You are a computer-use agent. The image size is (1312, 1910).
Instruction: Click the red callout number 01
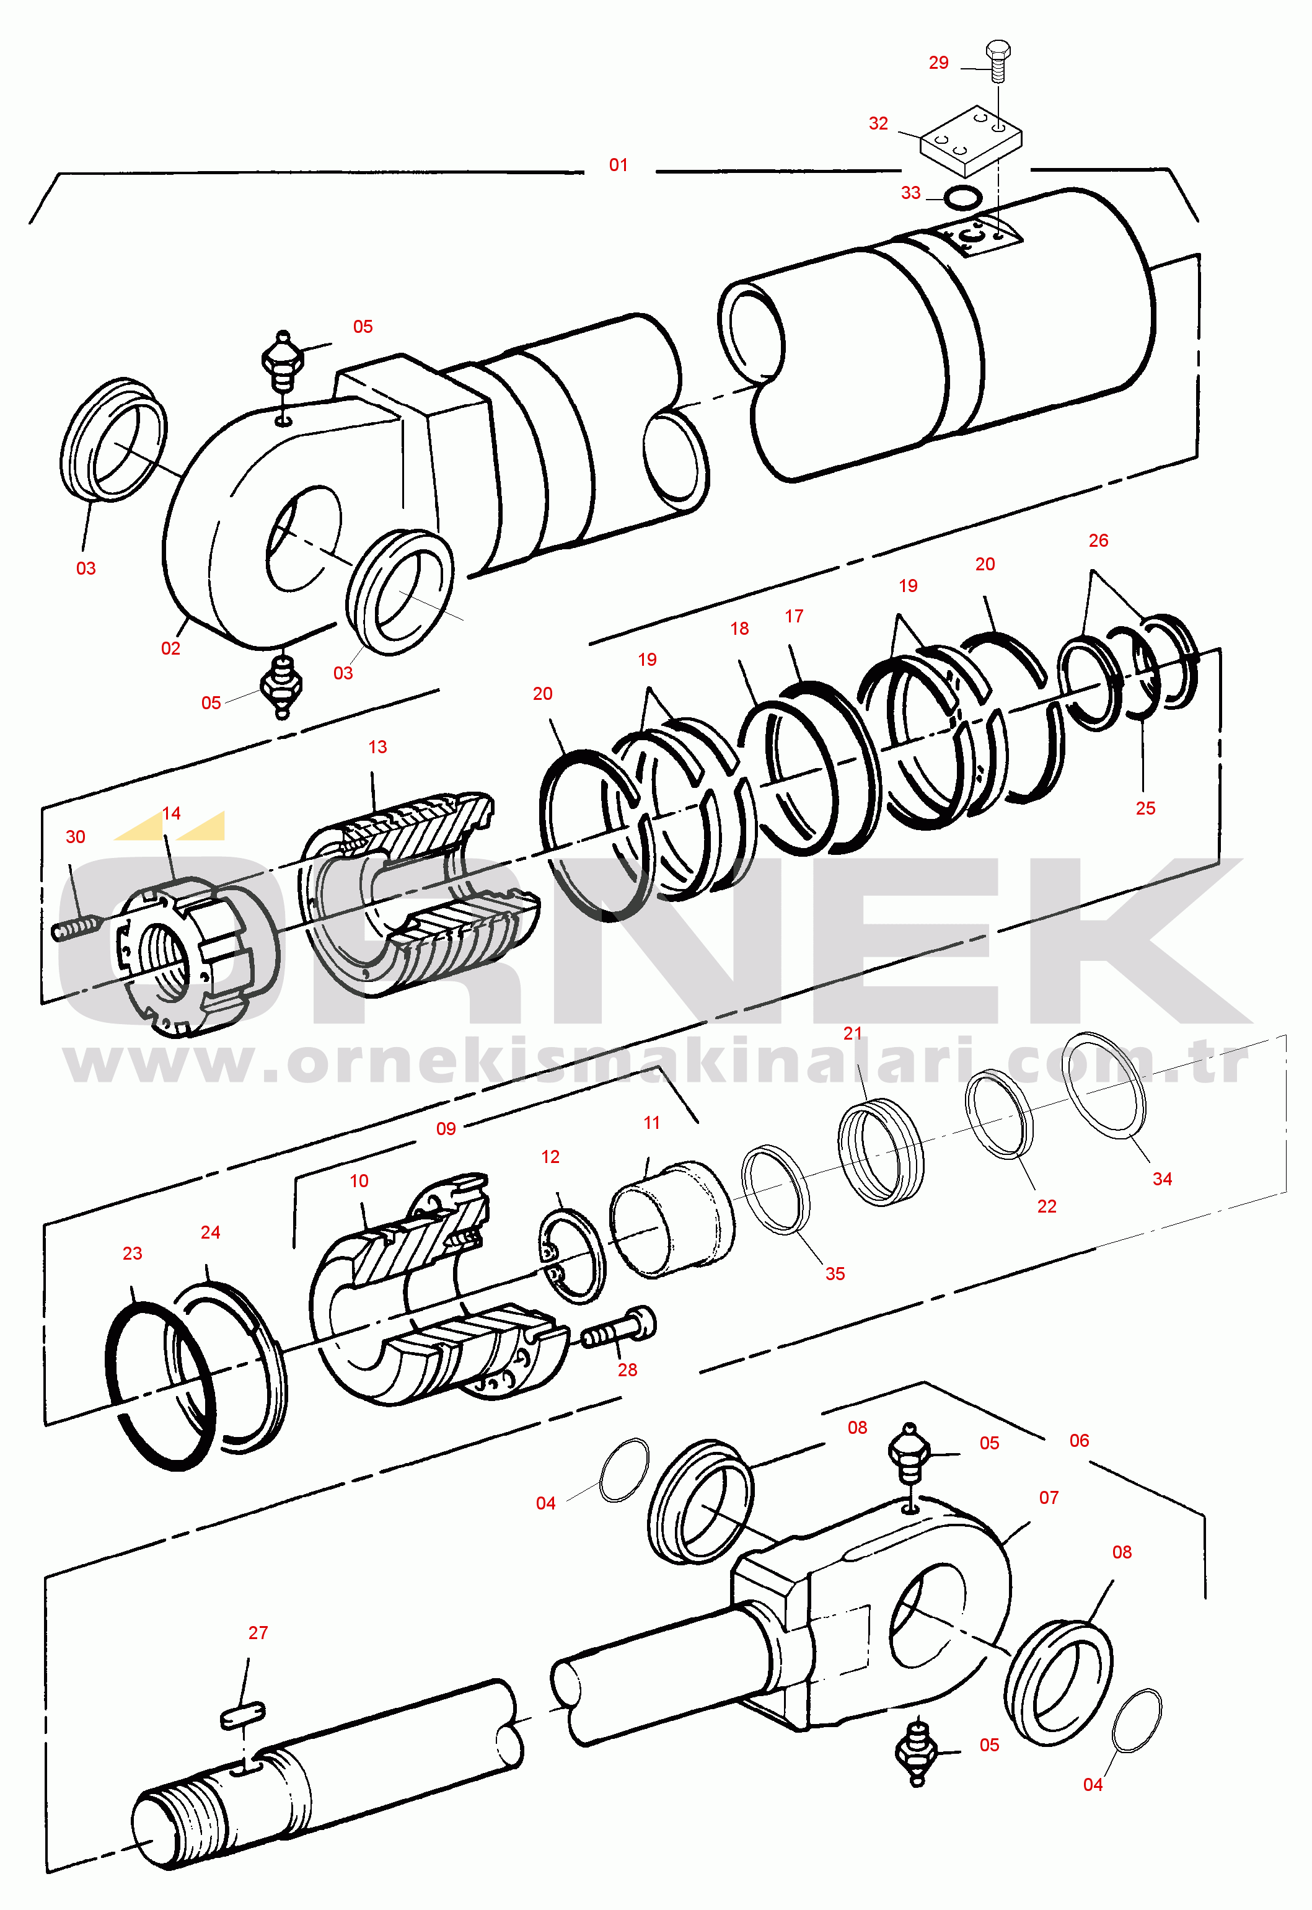pyautogui.click(x=618, y=166)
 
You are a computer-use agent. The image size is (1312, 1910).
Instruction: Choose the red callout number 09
pyautogui.click(x=446, y=1129)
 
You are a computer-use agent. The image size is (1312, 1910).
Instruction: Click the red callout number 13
pyautogui.click(x=377, y=746)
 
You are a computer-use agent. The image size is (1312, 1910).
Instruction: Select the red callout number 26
pyautogui.click(x=1098, y=540)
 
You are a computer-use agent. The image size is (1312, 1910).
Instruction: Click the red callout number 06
pyautogui.click(x=1080, y=1441)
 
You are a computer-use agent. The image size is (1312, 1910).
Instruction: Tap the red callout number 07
pyautogui.click(x=1049, y=1497)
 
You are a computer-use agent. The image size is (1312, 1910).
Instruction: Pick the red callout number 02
pyautogui.click(x=170, y=648)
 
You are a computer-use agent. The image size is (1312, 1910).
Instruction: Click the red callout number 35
pyautogui.click(x=835, y=1273)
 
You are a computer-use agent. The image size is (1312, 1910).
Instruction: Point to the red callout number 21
pyautogui.click(x=853, y=1033)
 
